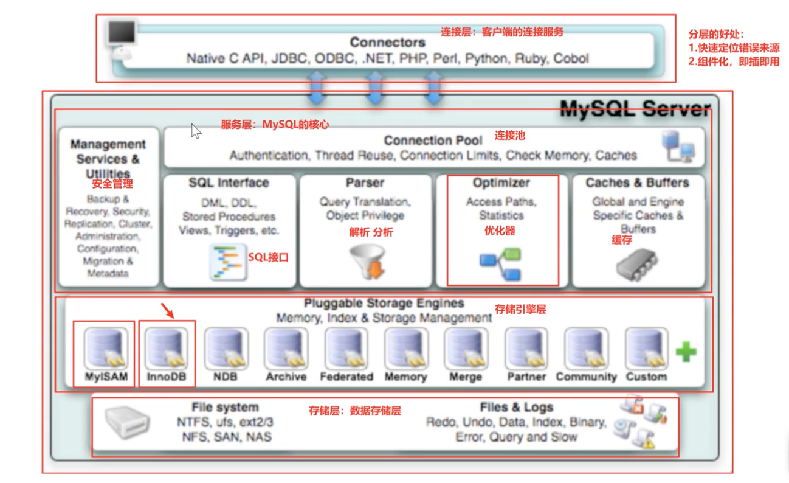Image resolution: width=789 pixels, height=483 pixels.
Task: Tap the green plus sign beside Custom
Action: coord(686,352)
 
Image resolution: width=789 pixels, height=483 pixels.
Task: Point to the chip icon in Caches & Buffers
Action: coord(637,265)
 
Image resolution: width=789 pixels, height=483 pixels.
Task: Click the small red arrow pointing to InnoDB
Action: coord(167,311)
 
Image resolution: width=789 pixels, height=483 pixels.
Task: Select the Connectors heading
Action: coord(387,43)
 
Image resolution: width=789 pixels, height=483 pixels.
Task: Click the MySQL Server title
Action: coord(635,109)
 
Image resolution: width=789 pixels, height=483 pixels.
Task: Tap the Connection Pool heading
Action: coord(433,141)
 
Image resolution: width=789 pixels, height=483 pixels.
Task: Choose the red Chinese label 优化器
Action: coord(500,231)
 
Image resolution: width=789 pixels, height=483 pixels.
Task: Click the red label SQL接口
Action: coord(268,257)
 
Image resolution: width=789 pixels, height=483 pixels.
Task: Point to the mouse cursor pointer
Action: coord(196,131)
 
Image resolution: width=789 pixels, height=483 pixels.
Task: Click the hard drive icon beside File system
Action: coord(127,422)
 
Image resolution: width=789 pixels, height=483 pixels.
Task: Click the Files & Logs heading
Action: coord(516,407)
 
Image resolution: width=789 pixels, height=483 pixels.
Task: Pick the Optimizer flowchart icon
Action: coord(500,265)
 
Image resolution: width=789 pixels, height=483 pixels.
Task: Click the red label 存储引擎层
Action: coord(520,310)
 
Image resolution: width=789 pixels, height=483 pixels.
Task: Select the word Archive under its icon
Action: coord(286,377)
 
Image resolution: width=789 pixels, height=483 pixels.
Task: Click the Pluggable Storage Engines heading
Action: coord(384,303)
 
